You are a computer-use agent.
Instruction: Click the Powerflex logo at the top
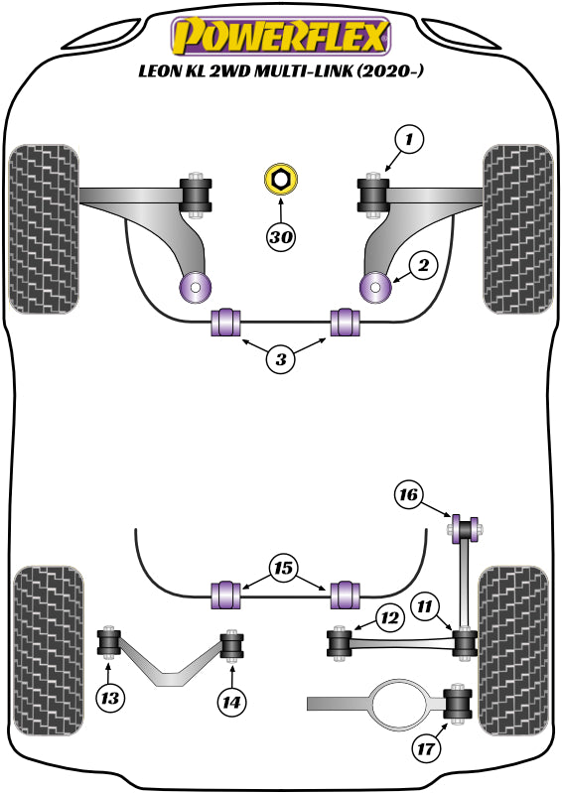click(281, 37)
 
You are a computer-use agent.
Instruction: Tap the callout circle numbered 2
click(422, 265)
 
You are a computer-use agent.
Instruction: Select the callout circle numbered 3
click(281, 359)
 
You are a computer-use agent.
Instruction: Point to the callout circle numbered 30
click(281, 237)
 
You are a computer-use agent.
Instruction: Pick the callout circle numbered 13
click(112, 699)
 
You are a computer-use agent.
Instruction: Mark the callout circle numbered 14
click(231, 701)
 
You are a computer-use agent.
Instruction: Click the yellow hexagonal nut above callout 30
click(281, 181)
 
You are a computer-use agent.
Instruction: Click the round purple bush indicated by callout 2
click(376, 288)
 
